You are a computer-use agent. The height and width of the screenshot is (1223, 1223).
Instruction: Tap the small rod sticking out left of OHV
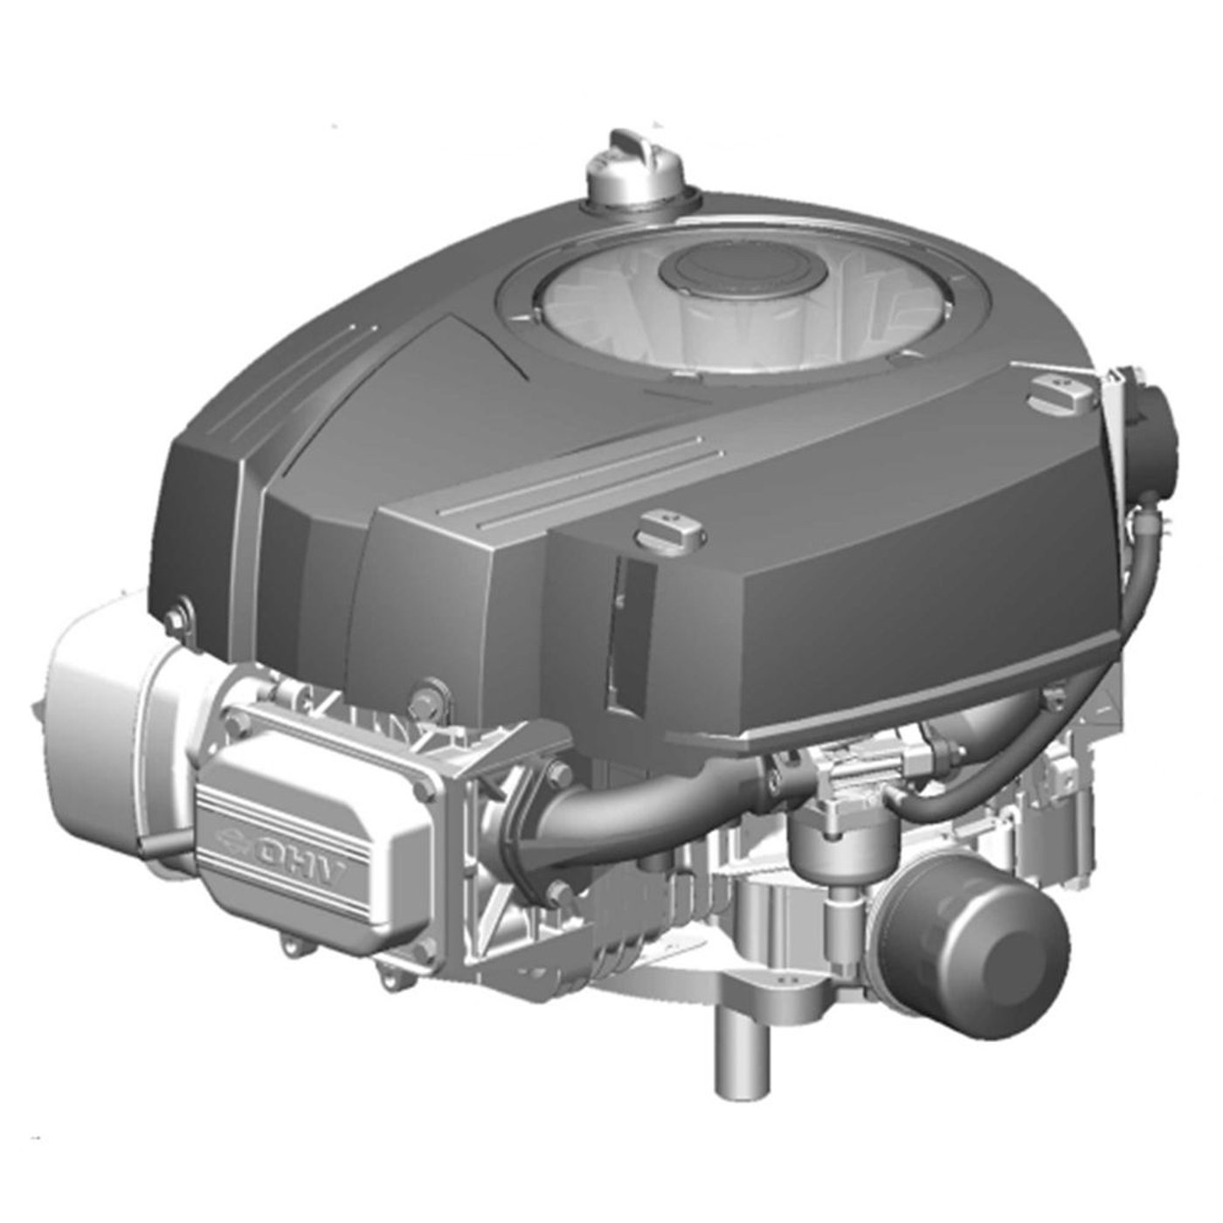157,843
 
